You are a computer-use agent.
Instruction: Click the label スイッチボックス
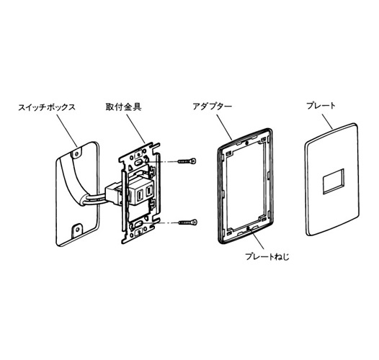[x=47, y=107]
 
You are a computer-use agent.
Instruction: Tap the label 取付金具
[x=123, y=107]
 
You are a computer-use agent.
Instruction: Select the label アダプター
[x=213, y=107]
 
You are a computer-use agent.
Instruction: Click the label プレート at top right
[x=321, y=106]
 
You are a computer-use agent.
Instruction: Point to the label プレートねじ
[x=267, y=256]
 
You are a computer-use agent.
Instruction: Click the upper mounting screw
[x=187, y=161]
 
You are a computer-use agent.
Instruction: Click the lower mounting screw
[x=188, y=222]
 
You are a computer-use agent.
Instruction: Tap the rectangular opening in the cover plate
[x=333, y=181]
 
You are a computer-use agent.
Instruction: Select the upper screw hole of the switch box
[x=77, y=153]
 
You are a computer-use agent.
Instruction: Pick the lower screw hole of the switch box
[x=77, y=228]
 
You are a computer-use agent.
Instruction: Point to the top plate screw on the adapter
[x=246, y=143]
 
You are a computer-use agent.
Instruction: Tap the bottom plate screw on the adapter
[x=247, y=228]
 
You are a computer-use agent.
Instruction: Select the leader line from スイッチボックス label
[x=67, y=130]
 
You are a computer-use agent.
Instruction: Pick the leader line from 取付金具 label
[x=135, y=128]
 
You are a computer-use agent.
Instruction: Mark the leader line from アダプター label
[x=224, y=127]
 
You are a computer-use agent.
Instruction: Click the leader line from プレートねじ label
[x=257, y=239]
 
